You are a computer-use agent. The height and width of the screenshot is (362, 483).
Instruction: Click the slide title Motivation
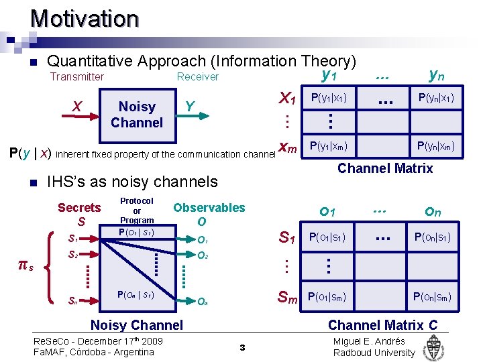click(84, 18)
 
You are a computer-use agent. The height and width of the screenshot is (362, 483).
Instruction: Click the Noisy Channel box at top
click(137, 114)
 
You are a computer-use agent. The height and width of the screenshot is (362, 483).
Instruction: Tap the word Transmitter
click(77, 76)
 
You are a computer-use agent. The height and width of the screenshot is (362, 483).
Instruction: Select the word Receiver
click(197, 76)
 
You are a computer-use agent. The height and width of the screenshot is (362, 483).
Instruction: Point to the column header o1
click(327, 212)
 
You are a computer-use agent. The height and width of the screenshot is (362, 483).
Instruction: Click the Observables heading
click(209, 208)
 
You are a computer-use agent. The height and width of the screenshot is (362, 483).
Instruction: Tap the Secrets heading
click(79, 208)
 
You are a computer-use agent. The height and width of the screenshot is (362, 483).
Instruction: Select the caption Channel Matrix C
click(382, 325)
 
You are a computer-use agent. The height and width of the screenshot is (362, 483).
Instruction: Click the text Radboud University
click(374, 353)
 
